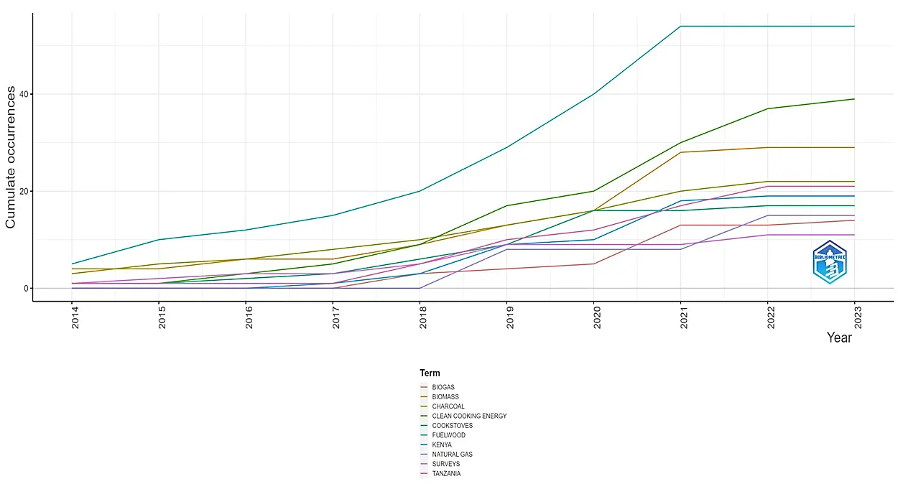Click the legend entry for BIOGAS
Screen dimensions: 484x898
pos(443,388)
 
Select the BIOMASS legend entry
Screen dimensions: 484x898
pos(445,397)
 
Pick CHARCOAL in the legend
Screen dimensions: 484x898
pos(448,406)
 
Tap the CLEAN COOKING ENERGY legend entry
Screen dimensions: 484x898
pos(469,416)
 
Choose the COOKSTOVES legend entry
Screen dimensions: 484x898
pos(452,426)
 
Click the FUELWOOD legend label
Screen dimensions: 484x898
pos(448,435)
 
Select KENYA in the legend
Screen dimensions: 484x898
pos(442,445)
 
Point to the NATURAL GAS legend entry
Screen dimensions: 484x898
pos(452,455)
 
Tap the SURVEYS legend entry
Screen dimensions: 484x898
pos(445,464)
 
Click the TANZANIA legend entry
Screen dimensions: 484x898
pos(446,474)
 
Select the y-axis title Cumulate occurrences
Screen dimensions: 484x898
pos(11,157)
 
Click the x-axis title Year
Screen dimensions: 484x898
pos(839,338)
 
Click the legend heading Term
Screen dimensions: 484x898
pos(430,373)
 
